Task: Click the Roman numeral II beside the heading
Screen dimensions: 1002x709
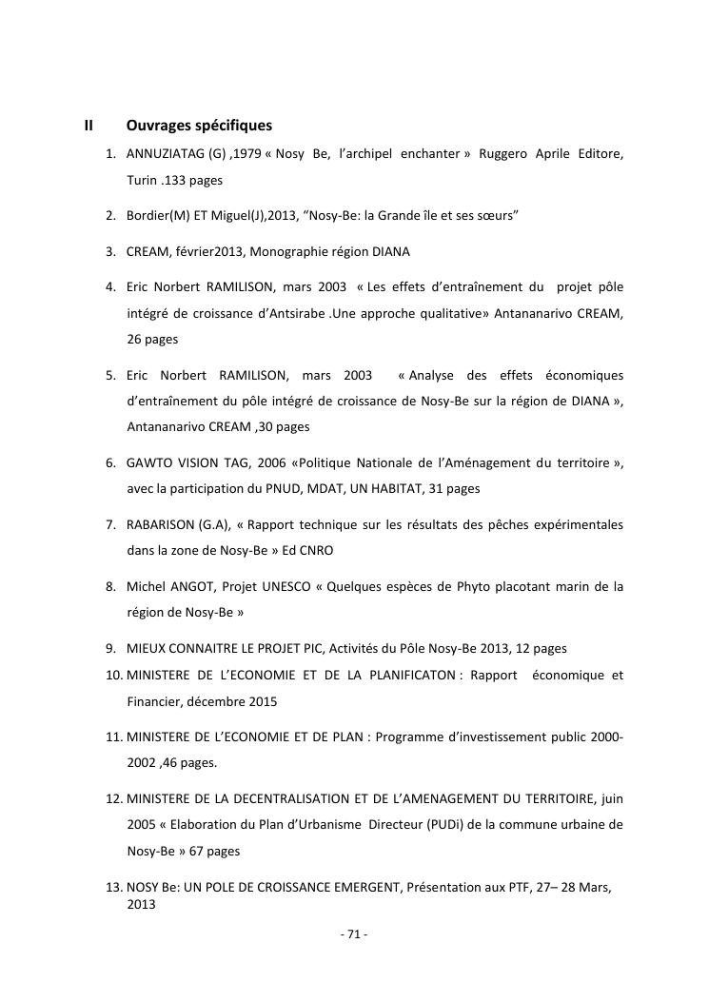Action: click(x=89, y=126)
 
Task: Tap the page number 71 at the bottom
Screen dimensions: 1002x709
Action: click(x=353, y=934)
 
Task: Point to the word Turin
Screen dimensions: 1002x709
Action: click(x=143, y=179)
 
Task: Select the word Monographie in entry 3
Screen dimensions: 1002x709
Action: click(x=283, y=252)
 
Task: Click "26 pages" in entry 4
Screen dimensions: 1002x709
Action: click(x=152, y=338)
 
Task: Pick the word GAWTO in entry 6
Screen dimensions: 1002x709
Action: click(x=149, y=463)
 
